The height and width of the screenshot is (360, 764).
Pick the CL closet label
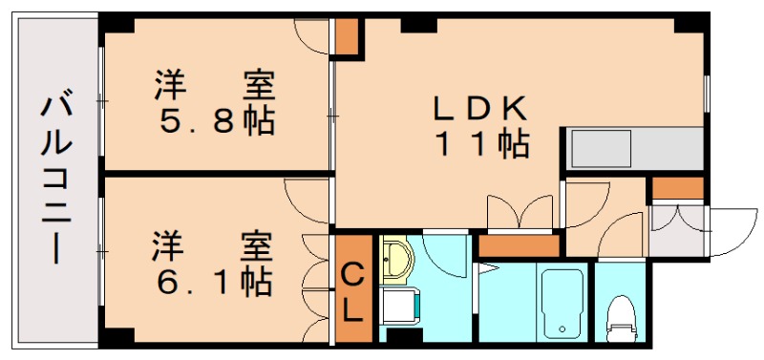tap(352, 292)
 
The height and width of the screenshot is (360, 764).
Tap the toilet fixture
tap(622, 316)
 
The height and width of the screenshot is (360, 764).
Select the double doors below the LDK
tap(520, 212)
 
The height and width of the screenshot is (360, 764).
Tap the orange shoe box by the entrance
tap(677, 188)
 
